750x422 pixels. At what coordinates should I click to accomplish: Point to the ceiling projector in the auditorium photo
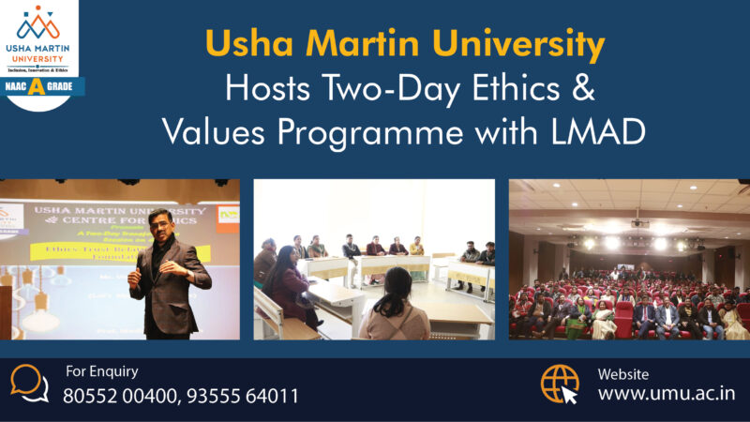pyautogui.click(x=639, y=223)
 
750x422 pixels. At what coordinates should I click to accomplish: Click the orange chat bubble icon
pyautogui.click(x=30, y=383)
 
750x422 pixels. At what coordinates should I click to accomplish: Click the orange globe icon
pyautogui.click(x=560, y=383)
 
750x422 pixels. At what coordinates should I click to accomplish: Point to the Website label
pyautogui.click(x=622, y=374)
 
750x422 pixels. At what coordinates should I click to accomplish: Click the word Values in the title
pyautogui.click(x=207, y=130)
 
